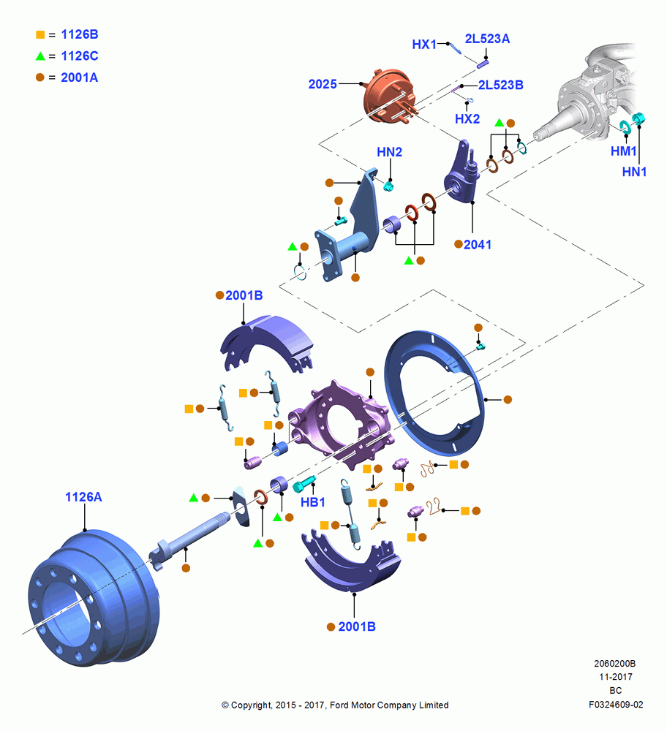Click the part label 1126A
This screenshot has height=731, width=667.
[x=83, y=497]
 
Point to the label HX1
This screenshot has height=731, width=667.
[x=424, y=45]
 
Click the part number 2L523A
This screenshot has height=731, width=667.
[x=487, y=39]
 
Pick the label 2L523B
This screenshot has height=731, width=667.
[x=501, y=85]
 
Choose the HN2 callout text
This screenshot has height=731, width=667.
[x=390, y=152]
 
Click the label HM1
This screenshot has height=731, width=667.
[x=624, y=151]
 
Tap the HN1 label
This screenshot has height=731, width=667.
[x=634, y=172]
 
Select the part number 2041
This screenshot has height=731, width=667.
[x=478, y=244]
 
